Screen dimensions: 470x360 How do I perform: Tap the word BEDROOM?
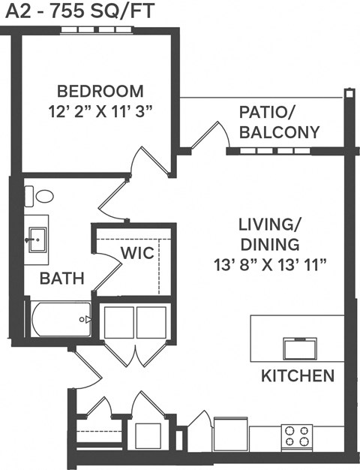100,92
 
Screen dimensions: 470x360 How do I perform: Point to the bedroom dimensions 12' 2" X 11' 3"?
100,111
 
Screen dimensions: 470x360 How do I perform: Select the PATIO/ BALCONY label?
279,122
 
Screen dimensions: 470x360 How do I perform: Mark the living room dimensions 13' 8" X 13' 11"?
269,264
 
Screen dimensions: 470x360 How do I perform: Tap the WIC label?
138,253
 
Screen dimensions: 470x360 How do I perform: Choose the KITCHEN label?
298,375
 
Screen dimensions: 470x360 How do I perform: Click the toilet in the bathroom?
43,197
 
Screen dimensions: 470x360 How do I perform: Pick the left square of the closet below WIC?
118,321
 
